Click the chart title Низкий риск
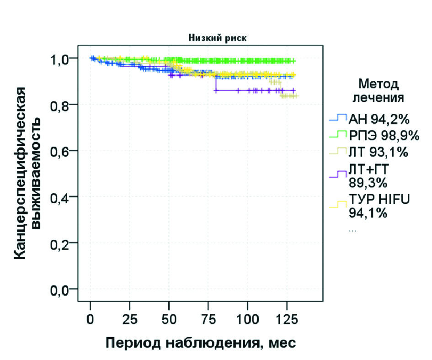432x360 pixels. [217, 38]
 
